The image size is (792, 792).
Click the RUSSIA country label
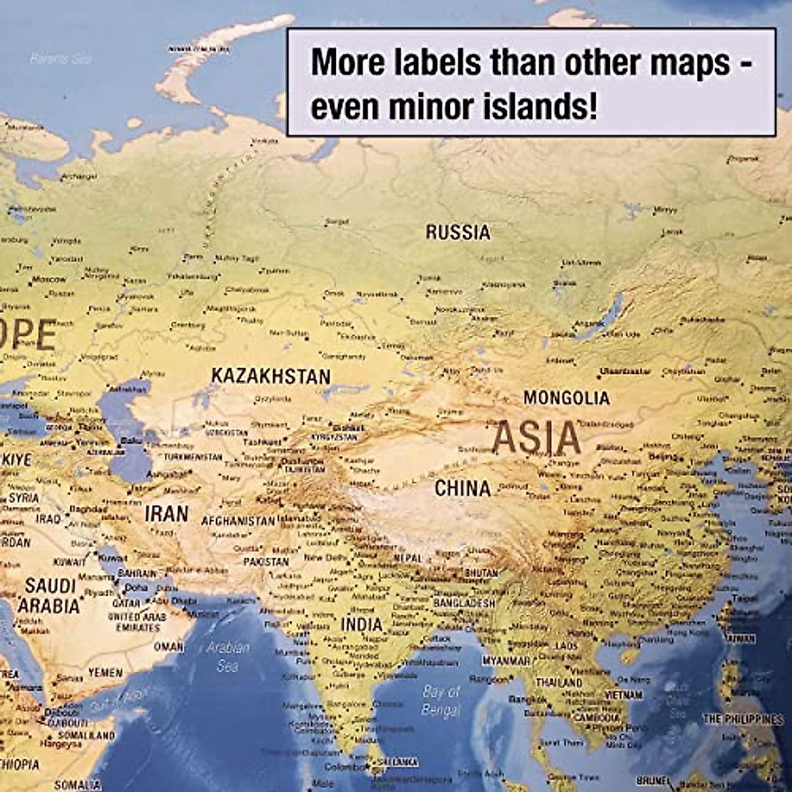tap(458, 232)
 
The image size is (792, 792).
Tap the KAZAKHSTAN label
tap(271, 376)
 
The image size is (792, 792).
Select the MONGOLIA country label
tap(566, 398)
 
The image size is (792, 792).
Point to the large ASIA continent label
tap(537, 438)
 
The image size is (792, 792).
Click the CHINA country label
tap(463, 489)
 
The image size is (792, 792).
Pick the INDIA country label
tap(362, 624)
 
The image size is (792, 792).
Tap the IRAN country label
tap(166, 513)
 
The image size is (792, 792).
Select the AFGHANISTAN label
tap(238, 521)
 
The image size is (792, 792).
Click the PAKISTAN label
tap(266, 562)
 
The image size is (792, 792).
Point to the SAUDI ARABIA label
tap(50, 595)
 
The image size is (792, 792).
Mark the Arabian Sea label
tap(228, 656)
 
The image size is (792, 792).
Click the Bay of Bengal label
tap(440, 700)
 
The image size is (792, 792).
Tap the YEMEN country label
tap(106, 673)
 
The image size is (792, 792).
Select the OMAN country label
tap(168, 647)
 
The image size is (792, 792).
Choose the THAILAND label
tap(559, 682)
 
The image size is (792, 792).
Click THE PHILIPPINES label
tap(742, 719)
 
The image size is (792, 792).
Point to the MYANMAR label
tap(506, 661)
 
